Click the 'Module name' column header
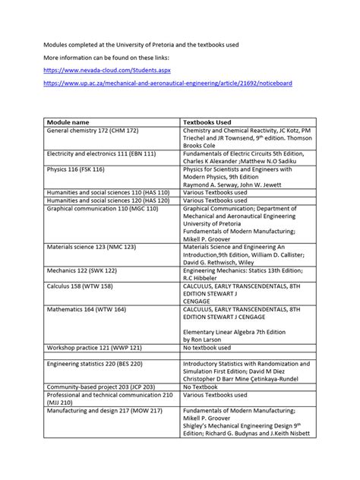click(x=68, y=122)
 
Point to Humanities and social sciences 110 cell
click(x=108, y=192)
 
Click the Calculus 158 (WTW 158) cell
click(x=80, y=286)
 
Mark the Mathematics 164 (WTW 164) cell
click(x=84, y=309)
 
